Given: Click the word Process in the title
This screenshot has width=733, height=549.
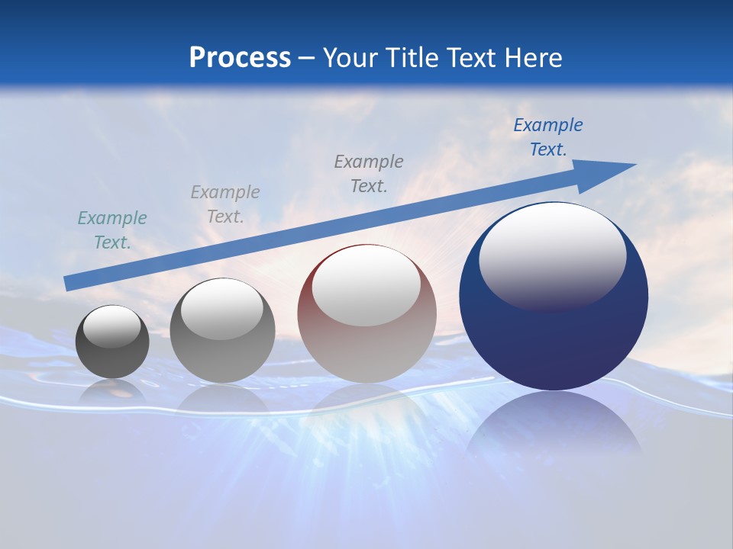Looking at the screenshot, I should pyautogui.click(x=240, y=58).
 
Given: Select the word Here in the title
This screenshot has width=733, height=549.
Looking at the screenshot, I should pyautogui.click(x=532, y=58).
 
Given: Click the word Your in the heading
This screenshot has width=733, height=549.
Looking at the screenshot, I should pyautogui.click(x=350, y=58).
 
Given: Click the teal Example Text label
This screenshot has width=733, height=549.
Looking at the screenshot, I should pyautogui.click(x=112, y=230).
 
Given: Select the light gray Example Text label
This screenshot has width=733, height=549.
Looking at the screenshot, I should pyautogui.click(x=225, y=204).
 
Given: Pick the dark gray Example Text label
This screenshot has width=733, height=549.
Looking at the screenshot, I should pyautogui.click(x=369, y=174).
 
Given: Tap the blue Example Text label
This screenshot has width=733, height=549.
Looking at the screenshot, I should pyautogui.click(x=548, y=137).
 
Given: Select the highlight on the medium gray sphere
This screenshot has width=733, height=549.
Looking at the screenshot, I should pyautogui.click(x=221, y=309).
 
